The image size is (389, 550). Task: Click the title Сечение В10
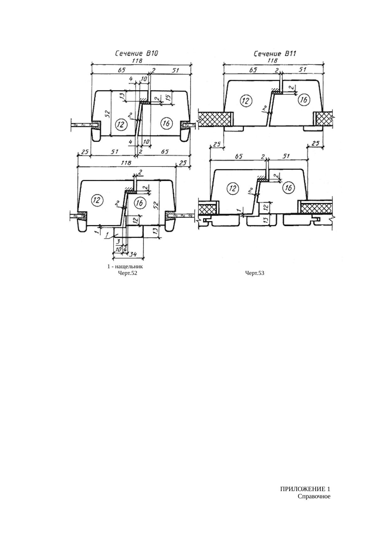pos(136,54)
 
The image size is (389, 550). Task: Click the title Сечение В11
pos(275,54)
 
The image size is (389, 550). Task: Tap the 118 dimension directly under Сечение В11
pos(270,60)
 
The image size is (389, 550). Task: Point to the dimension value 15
pos(168,97)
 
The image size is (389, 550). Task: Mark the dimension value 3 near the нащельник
pos(118,242)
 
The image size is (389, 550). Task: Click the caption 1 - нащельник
pos(125,267)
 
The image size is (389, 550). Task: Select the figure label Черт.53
pos(254,273)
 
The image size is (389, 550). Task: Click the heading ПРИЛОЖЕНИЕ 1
pos(305,489)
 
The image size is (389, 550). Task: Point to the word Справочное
pos(314,496)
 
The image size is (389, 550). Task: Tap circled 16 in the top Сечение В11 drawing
pos(303,100)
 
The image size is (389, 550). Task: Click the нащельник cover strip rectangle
pos(128,232)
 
